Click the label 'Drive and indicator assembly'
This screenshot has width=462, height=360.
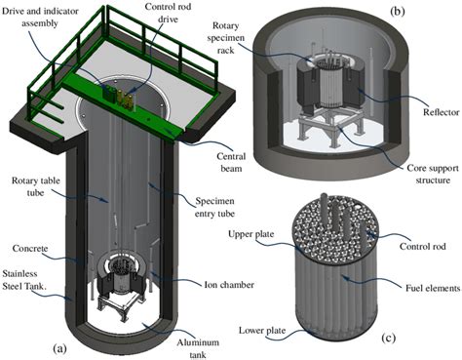point(40,17)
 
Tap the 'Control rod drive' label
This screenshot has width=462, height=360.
point(168,13)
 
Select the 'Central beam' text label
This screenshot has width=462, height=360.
point(231,162)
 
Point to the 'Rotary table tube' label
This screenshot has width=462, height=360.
point(36,186)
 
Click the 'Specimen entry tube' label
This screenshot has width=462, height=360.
point(214,207)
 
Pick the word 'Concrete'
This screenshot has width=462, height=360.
point(30,249)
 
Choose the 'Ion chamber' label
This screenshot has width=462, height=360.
point(229,285)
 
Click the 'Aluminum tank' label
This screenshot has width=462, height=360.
point(198,348)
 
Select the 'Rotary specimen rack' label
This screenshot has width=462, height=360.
point(227,38)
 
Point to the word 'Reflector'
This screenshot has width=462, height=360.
point(441,112)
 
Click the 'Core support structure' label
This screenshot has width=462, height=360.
point(433,174)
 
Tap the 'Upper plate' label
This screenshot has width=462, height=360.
point(250,234)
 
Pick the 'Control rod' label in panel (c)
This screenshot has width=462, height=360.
point(422,246)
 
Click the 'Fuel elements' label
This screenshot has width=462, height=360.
point(433,288)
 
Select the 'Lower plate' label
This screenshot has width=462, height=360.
point(262,331)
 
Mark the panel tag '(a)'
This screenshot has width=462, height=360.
point(59,349)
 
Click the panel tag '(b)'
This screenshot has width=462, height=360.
point(398,11)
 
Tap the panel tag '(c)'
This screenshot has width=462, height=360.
point(388,339)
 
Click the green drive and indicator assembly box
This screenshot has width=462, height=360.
point(109,93)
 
